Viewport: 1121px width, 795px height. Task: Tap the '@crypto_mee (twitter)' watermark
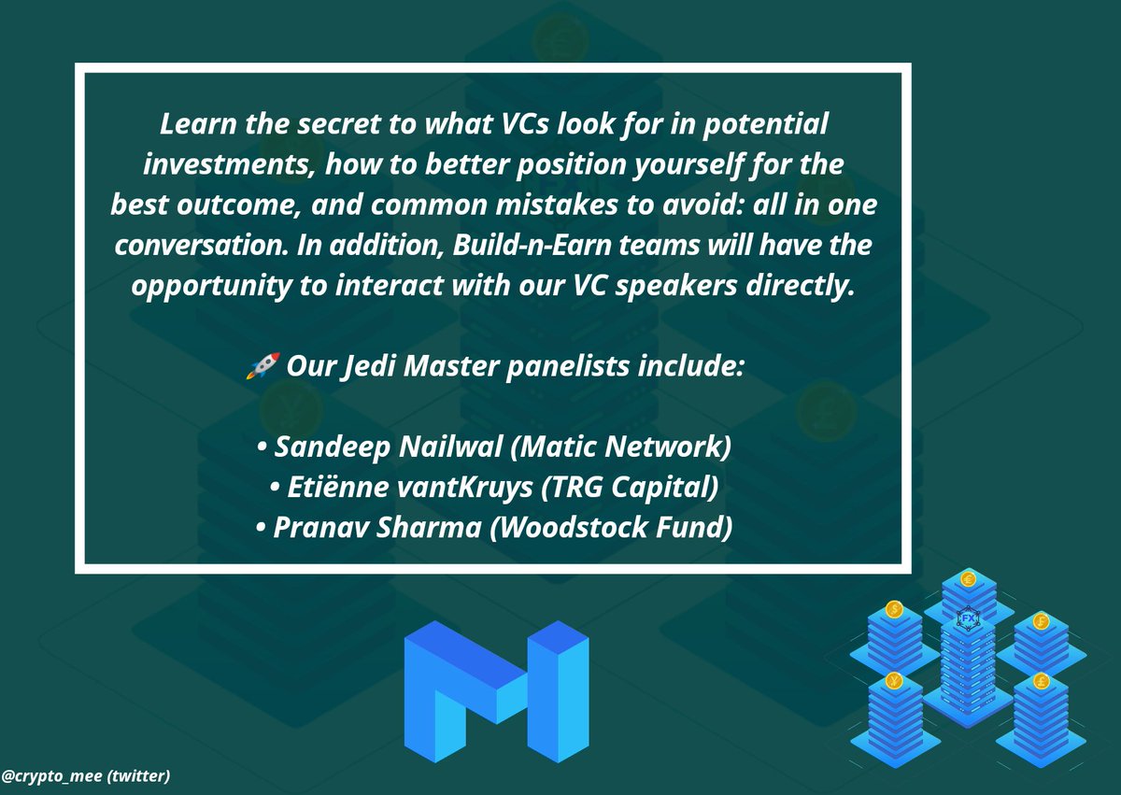click(x=85, y=775)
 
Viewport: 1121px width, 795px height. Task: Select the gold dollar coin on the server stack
click(x=894, y=609)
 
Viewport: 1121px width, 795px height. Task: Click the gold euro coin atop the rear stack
click(x=968, y=578)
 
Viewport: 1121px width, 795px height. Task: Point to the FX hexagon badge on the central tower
click(x=967, y=619)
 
